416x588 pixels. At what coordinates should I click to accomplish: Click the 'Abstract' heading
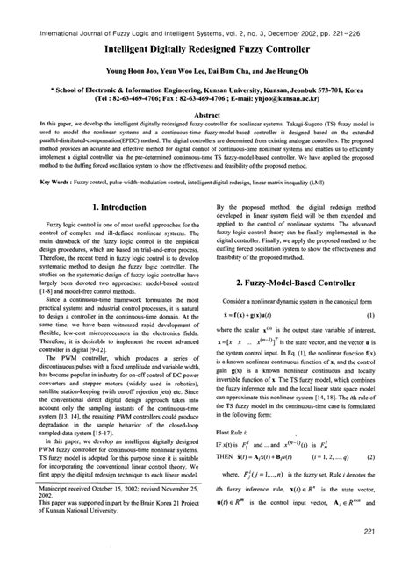[208, 114]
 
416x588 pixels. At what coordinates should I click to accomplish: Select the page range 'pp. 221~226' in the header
[352, 8]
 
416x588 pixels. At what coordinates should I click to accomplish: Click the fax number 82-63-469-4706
[179, 99]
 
